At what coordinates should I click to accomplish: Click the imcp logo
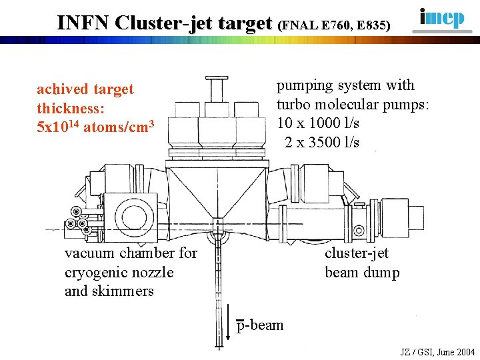point(442,18)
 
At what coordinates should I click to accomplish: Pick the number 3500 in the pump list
point(323,142)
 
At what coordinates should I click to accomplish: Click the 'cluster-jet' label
point(356,253)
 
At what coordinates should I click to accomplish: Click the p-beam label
point(260,326)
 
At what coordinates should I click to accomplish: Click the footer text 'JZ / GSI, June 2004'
point(437,352)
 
